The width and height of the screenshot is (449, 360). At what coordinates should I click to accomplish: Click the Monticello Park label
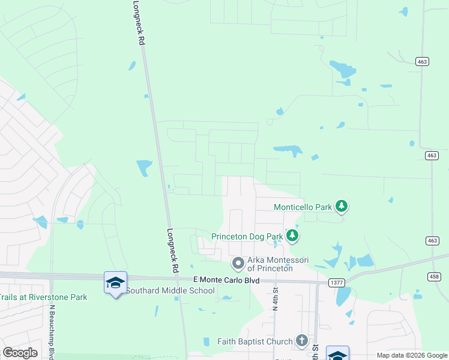coord(303,207)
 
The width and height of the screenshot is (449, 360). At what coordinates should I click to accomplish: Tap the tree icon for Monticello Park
coord(342,206)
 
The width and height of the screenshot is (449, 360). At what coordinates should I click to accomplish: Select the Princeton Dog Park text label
coord(246,236)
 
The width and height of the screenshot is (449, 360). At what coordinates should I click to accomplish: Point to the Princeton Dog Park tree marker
coord(292,236)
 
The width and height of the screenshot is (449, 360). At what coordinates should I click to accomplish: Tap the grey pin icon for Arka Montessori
coord(238,263)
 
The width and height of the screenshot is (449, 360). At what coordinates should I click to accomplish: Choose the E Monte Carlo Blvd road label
coord(226,280)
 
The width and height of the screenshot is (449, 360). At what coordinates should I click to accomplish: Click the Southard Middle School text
coord(170,291)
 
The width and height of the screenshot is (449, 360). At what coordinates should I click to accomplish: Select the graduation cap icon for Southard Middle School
coord(115,283)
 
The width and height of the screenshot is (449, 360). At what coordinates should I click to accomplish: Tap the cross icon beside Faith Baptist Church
coord(301,341)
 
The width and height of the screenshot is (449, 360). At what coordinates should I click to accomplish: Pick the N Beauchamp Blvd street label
coord(52,330)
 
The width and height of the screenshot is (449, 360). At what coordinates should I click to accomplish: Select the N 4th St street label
coord(276,298)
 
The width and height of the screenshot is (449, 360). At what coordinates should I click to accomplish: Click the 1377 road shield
coord(337,281)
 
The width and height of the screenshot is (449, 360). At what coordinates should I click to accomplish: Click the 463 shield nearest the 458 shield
coord(432,241)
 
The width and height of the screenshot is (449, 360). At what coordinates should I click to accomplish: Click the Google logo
coord(20,353)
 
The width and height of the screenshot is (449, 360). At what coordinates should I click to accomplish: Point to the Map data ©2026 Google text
coord(411,355)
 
